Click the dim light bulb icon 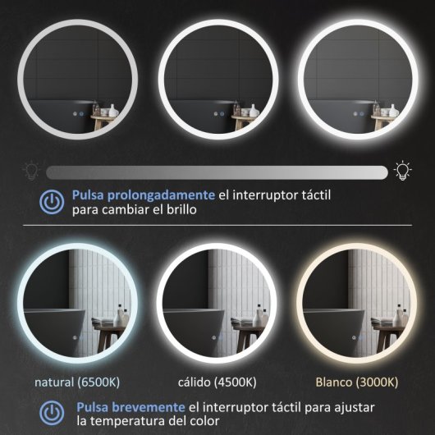tap(31, 171)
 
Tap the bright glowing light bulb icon tap(402, 170)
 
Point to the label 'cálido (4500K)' tap(217, 382)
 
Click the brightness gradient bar tap(217, 172)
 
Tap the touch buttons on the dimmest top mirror tap(77, 114)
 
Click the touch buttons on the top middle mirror tap(219, 114)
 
